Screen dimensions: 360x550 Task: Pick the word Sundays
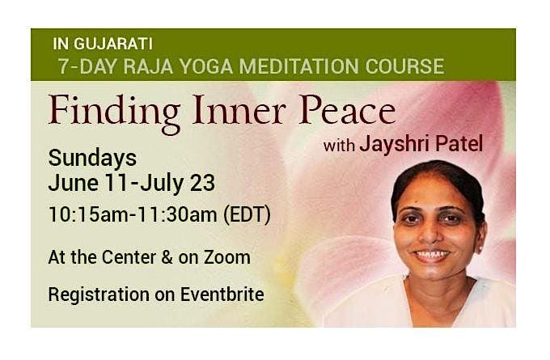click(x=92, y=158)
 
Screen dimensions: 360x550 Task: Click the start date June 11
click(x=84, y=184)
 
